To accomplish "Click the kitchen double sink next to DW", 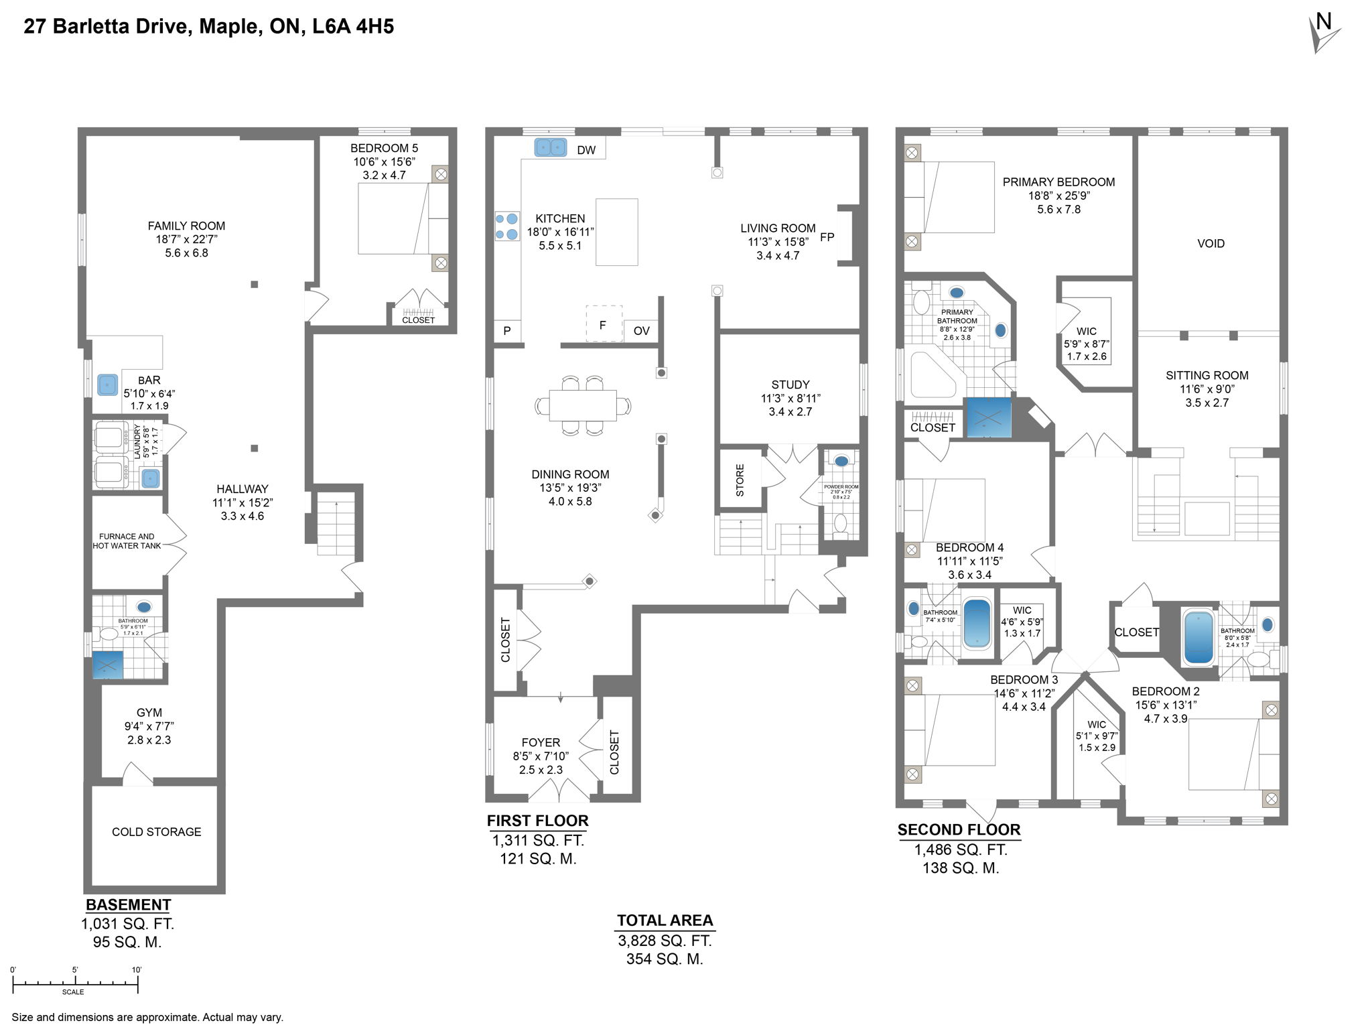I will pyautogui.click(x=551, y=147).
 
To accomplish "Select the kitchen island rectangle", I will pyautogui.click(x=616, y=232).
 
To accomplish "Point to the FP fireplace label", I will pyautogui.click(x=827, y=236).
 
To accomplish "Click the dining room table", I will pyautogui.click(x=583, y=406).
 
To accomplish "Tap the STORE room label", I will pyautogui.click(x=740, y=480).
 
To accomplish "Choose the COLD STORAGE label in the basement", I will pyautogui.click(x=156, y=831).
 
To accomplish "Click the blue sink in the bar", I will pyautogui.click(x=108, y=385).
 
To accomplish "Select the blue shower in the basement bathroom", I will pyautogui.click(x=107, y=665).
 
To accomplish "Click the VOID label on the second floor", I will pyautogui.click(x=1211, y=244).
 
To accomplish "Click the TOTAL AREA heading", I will pyautogui.click(x=665, y=920).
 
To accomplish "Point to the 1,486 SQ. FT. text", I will pyautogui.click(x=961, y=849).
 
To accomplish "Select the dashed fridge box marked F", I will pyautogui.click(x=604, y=324).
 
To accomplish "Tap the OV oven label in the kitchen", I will pyautogui.click(x=641, y=331).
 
